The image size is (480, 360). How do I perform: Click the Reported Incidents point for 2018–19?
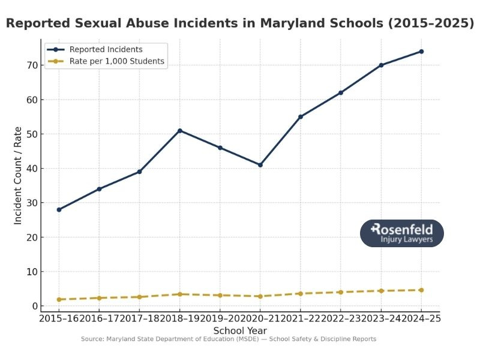180,130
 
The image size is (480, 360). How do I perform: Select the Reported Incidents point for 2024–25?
421,52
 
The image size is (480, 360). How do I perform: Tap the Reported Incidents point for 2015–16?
59,209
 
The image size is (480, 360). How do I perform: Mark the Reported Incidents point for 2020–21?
260,164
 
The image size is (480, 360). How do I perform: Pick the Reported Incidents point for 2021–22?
301,116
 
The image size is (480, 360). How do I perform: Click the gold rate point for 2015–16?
59,299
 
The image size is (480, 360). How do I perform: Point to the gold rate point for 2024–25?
421,290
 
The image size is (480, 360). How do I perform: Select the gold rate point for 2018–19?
180,294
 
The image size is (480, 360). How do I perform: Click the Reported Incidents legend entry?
106,49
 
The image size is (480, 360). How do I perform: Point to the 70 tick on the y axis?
31,65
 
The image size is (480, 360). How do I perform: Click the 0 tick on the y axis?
34,306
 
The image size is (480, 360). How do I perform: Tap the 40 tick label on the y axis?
31,169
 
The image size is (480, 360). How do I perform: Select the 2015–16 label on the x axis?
59,319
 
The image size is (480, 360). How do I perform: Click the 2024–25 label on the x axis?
421,319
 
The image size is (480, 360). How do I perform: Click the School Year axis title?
240,331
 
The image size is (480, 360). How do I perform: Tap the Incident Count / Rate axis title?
18,176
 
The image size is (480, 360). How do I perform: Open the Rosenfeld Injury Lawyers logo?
401,233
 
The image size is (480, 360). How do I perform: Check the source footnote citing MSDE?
229,339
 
